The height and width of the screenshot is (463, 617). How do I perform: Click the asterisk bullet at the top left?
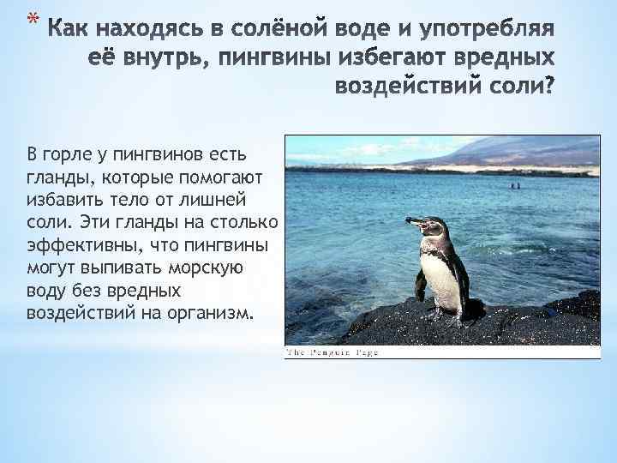[x=32, y=18]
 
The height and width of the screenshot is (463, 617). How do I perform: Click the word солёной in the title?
[x=259, y=31]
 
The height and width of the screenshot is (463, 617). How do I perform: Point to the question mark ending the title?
[x=548, y=87]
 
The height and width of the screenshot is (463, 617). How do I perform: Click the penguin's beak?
[x=414, y=223]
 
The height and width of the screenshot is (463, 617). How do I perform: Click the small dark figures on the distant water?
[x=514, y=185]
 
